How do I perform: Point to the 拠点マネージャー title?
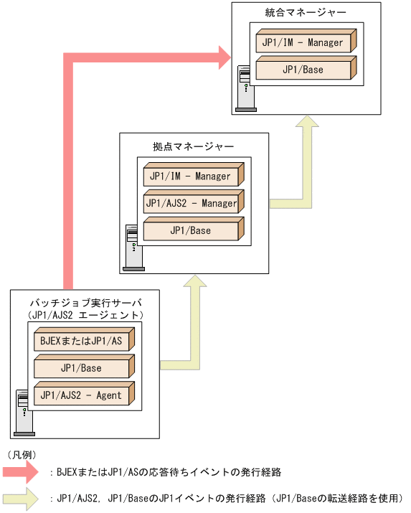(x=193, y=146)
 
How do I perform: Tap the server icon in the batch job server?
(x=24, y=413)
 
